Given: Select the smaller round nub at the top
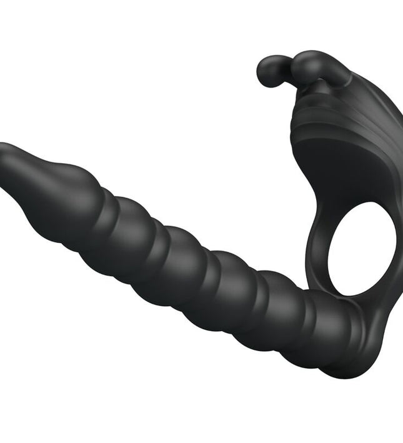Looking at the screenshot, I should point(269,70).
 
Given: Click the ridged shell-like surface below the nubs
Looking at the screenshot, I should point(337,112).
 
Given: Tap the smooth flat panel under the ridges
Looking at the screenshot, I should point(344,156).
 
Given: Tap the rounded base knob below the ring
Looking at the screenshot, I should point(369,350).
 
